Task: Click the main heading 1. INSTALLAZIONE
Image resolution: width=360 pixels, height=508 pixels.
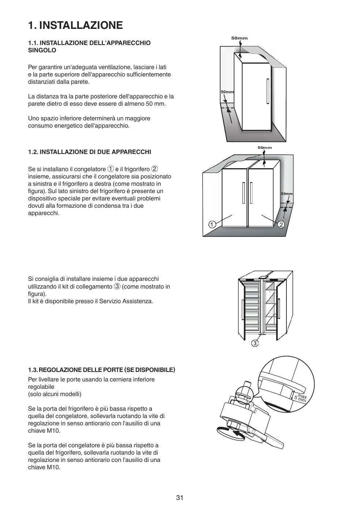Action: coord(75,25)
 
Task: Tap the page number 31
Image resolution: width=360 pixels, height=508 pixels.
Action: coord(180,497)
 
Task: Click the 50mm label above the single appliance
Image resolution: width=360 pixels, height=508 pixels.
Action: coord(239,38)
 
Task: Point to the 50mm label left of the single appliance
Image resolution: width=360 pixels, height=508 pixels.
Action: coord(227,92)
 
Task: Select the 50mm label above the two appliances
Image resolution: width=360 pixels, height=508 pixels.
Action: coord(265,147)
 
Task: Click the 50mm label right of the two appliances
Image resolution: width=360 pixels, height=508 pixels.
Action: coord(287,194)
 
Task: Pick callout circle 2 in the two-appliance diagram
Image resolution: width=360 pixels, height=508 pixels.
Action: coord(281,224)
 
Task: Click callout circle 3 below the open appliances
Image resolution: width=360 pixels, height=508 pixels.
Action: coord(255,343)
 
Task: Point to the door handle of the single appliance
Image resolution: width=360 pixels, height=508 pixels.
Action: coord(268,92)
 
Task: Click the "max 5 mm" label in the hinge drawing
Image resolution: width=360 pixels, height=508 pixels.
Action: coord(301,398)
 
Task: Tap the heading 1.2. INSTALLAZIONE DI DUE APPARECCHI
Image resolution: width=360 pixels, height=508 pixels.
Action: coord(90,152)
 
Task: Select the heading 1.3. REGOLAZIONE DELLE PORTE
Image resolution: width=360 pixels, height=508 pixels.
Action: coord(102,370)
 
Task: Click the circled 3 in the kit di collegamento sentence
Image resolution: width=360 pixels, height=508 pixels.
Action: coord(117,286)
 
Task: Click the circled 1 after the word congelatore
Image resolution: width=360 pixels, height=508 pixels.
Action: coord(110,169)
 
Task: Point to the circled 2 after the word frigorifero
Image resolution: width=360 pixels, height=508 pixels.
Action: coord(154,169)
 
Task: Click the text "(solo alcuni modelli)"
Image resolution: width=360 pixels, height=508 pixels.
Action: coord(55,394)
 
